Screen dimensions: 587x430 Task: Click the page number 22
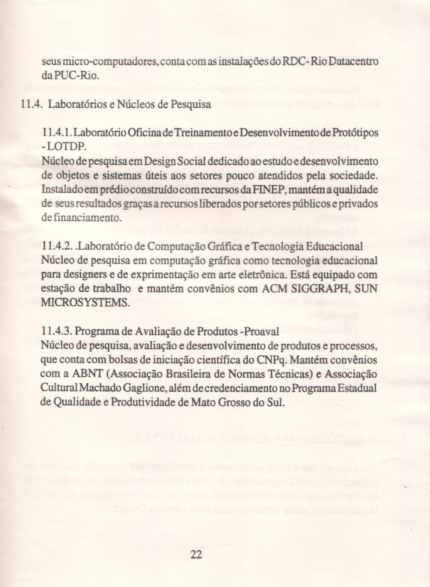point(196,554)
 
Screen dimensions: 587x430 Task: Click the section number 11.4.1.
point(57,133)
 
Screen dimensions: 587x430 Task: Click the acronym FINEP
point(266,190)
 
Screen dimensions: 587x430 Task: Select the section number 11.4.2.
point(57,247)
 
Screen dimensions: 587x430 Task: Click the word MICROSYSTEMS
point(85,303)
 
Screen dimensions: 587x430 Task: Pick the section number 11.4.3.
point(57,331)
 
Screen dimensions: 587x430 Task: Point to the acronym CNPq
point(271,360)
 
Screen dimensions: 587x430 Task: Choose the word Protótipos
point(355,133)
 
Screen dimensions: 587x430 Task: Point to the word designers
point(88,275)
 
